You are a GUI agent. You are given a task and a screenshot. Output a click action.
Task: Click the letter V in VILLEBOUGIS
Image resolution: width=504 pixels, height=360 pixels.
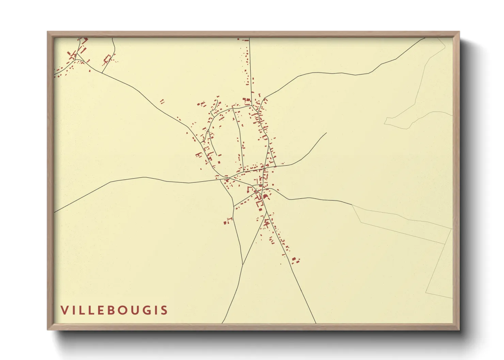point(64,310)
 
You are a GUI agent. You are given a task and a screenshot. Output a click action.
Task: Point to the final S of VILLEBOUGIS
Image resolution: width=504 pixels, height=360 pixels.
point(165,310)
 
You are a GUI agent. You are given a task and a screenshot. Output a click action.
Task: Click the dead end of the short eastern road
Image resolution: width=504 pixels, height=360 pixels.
point(326,133)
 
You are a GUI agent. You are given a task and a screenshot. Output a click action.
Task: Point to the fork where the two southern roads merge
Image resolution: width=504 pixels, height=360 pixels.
point(242,264)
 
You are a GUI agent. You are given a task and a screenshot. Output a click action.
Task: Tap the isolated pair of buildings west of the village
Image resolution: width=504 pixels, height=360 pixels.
point(162,101)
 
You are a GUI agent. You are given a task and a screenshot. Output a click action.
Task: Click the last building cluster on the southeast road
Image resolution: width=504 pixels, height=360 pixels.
point(295,261)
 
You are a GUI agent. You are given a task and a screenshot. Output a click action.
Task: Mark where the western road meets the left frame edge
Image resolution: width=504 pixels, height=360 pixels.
point(54,212)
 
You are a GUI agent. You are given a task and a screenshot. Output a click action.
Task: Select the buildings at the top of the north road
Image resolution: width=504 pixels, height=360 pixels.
point(245,40)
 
